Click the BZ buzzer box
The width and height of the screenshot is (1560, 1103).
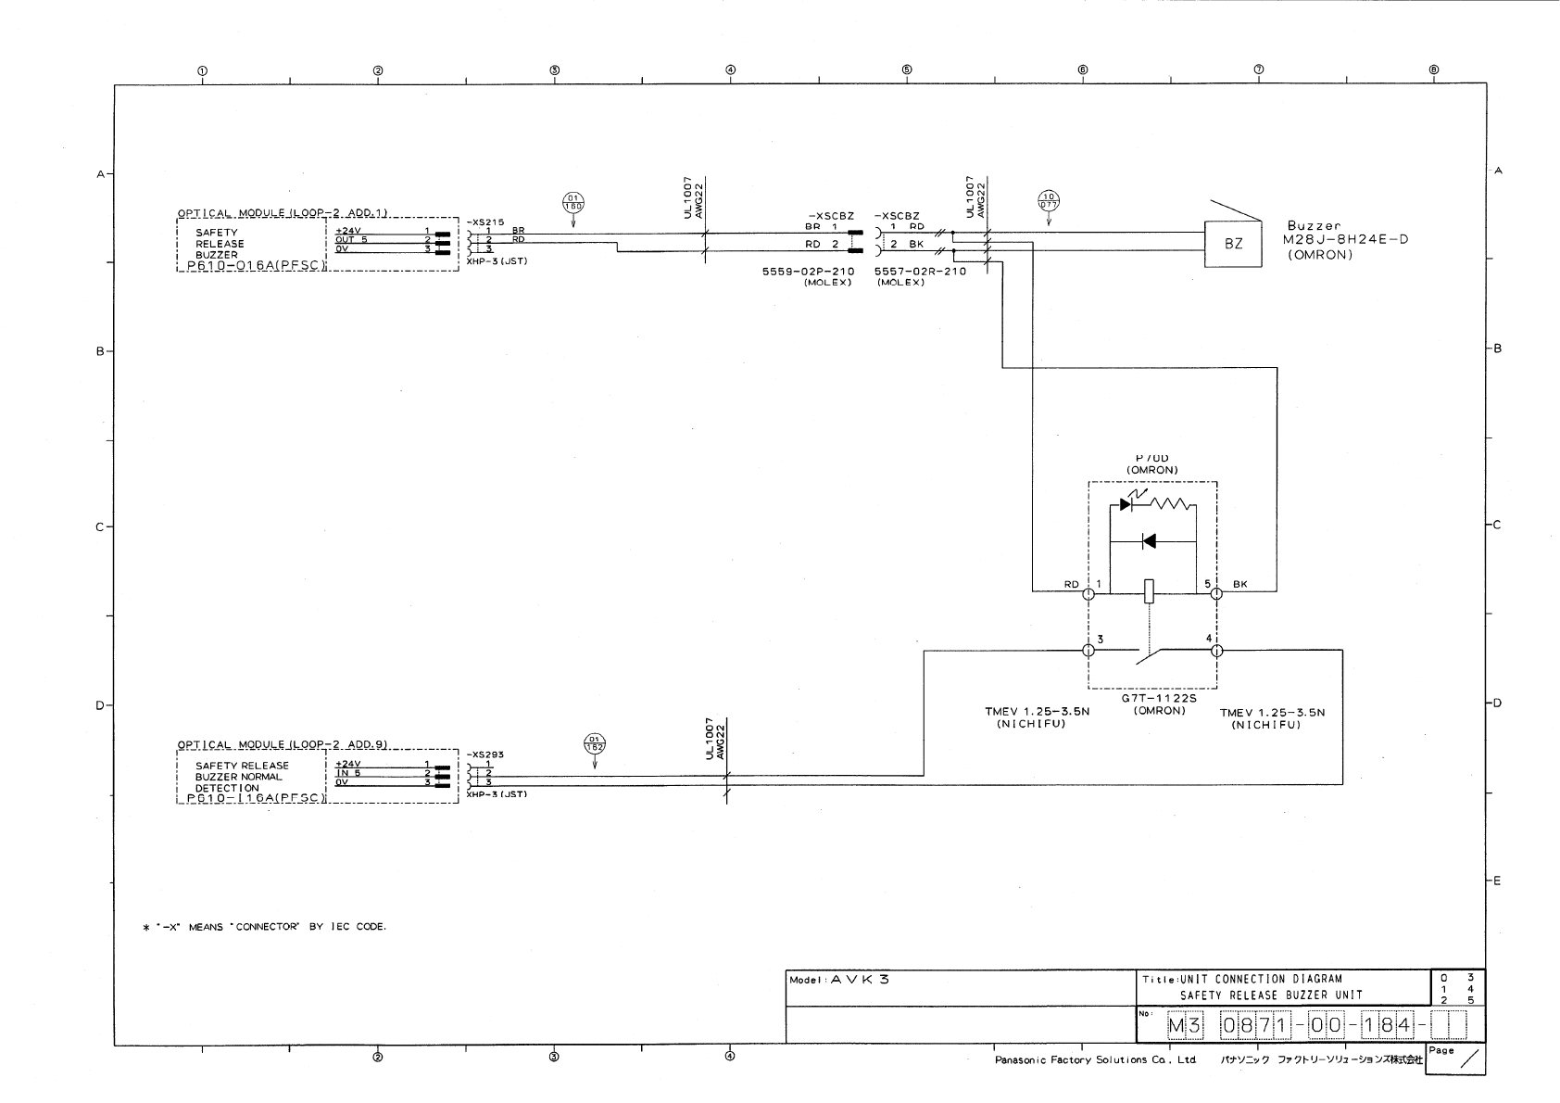[1232, 245]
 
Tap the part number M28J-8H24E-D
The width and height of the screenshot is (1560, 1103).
[1348, 240]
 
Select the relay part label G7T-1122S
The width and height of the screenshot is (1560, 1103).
[1152, 700]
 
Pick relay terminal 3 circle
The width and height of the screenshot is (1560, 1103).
[1088, 651]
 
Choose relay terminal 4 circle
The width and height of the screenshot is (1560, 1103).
[1216, 651]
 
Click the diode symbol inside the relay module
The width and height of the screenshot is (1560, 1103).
[1149, 541]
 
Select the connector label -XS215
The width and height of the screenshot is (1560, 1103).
[485, 222]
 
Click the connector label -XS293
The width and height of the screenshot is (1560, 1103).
[485, 754]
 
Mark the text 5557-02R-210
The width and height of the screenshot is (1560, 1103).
[920, 272]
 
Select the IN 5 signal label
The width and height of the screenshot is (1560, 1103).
[348, 773]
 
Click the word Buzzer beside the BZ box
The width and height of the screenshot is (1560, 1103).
[1314, 226]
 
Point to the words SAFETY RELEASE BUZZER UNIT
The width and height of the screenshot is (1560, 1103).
[1270, 995]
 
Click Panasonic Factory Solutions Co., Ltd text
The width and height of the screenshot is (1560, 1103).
[1095, 1060]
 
